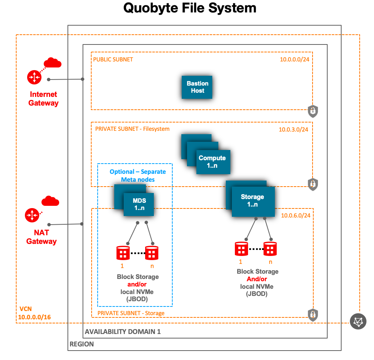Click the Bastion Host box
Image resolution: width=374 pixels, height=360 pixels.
pyautogui.click(x=197, y=87)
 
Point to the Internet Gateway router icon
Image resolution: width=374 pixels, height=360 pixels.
pyautogui.click(x=34, y=77)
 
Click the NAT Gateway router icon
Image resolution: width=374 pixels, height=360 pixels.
pyautogui.click(x=32, y=215)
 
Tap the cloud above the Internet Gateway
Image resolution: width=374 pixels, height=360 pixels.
pyautogui.click(x=52, y=62)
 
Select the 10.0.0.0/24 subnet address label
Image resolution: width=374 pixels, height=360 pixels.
pyautogui.click(x=295, y=59)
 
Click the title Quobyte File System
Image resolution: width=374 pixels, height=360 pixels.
pyautogui.click(x=190, y=8)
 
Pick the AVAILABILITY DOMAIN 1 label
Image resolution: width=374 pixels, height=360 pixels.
pyautogui.click(x=123, y=332)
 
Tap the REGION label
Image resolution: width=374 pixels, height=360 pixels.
pyautogui.click(x=82, y=344)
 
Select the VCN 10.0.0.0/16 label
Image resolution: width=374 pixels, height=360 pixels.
pyautogui.click(x=34, y=313)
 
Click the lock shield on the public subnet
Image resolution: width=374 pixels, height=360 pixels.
pyautogui.click(x=313, y=111)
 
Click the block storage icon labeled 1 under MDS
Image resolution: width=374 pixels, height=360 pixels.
pyautogui.click(x=123, y=253)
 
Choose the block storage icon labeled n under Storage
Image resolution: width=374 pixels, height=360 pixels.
pyautogui.click(x=270, y=248)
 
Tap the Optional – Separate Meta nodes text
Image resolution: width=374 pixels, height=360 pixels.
pyautogui.click(x=138, y=175)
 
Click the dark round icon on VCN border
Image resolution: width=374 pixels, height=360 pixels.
pyautogui.click(x=358, y=322)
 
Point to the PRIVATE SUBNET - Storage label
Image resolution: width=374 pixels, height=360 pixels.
pyautogui.click(x=131, y=313)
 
